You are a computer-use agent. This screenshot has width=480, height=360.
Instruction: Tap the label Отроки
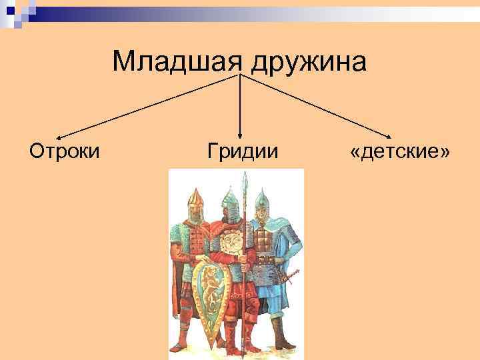pyautogui.click(x=65, y=151)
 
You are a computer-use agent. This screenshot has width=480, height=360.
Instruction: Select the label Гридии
pyautogui.click(x=242, y=151)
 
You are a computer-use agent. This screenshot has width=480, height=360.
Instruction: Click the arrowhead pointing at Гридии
pyautogui.click(x=240, y=135)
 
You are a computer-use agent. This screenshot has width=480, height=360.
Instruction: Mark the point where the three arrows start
pyautogui.click(x=240, y=75)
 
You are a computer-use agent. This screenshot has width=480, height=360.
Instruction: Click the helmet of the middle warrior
pyautogui.click(x=229, y=197)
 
